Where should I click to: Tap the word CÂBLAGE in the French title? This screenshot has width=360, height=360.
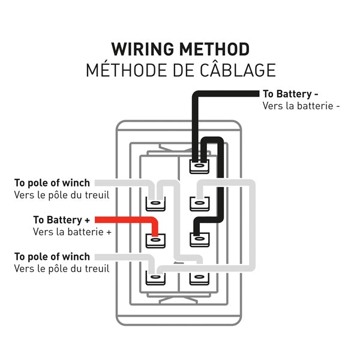click(235, 70)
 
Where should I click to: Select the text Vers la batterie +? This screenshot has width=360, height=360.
click(72, 231)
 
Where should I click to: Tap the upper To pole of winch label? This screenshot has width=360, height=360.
click(52, 182)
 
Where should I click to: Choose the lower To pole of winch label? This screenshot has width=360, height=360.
click(52, 257)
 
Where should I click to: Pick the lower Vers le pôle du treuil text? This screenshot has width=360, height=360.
click(62, 269)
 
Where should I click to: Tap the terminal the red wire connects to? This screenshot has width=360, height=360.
click(155, 241)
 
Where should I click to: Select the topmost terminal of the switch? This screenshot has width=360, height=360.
click(198, 166)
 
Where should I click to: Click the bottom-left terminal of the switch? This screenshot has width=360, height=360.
click(155, 278)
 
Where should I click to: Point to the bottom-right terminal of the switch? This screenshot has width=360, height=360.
click(198, 278)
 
